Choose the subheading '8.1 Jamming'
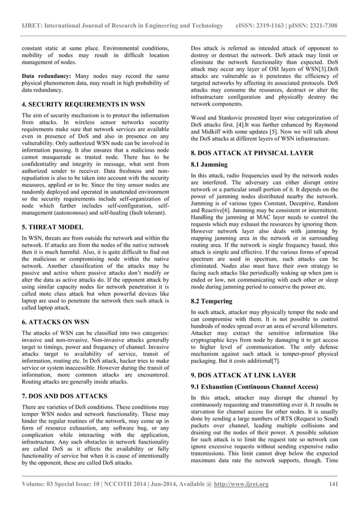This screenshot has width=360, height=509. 209,165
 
